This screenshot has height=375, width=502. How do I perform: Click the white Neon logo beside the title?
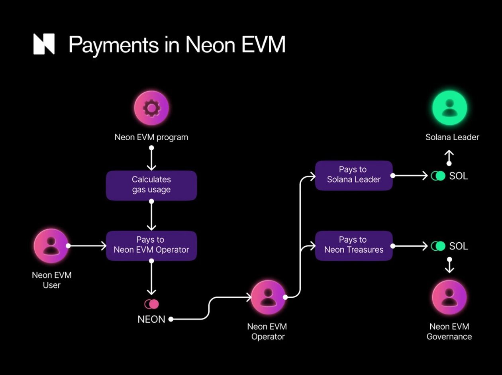(44, 44)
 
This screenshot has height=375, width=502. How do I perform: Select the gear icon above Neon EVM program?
(151, 108)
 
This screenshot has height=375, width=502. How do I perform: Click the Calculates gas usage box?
(151, 185)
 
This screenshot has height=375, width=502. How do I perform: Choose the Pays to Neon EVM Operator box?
(151, 245)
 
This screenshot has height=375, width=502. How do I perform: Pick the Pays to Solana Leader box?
(354, 175)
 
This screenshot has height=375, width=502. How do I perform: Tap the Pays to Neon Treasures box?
(354, 245)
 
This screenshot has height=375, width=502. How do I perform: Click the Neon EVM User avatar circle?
(51, 245)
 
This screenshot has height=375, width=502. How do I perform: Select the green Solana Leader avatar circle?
(449, 108)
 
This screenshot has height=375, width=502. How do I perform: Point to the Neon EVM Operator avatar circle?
(268, 297)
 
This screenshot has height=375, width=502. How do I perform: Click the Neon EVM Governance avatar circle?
(449, 297)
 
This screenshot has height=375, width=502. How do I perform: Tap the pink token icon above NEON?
(151, 304)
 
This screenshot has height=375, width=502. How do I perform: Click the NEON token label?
(151, 319)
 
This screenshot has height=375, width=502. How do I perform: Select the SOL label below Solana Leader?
(459, 176)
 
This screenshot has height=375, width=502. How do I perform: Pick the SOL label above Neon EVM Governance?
(459, 246)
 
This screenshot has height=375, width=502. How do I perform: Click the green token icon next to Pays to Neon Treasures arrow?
(438, 246)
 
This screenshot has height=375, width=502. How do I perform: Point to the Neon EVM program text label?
(151, 137)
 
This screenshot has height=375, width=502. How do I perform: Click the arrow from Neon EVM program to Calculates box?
(151, 159)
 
